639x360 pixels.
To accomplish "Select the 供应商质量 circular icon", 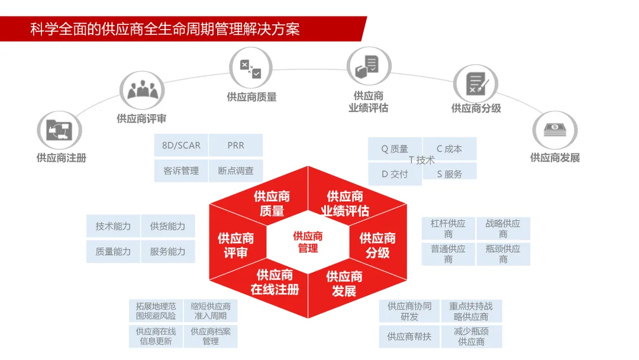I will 250,68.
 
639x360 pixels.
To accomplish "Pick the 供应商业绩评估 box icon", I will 367,67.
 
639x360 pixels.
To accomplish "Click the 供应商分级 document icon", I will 475,83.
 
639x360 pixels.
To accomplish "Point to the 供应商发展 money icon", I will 554,130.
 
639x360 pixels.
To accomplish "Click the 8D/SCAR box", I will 181,146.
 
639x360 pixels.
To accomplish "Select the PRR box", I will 235,146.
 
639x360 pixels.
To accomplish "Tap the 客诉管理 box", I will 181,171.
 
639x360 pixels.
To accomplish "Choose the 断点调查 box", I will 235,171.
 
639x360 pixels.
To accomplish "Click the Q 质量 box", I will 395,149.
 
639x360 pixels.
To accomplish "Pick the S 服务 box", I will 450,174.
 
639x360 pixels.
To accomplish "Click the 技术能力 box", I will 113,226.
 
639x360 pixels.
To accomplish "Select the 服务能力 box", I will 167,252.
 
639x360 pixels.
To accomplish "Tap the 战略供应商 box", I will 503,229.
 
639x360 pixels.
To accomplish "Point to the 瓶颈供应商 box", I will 503,254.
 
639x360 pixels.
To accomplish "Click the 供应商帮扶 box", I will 409,336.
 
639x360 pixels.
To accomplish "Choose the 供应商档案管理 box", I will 211,336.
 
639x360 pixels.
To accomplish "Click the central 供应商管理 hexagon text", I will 308,242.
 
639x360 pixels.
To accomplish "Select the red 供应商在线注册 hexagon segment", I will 275,282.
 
